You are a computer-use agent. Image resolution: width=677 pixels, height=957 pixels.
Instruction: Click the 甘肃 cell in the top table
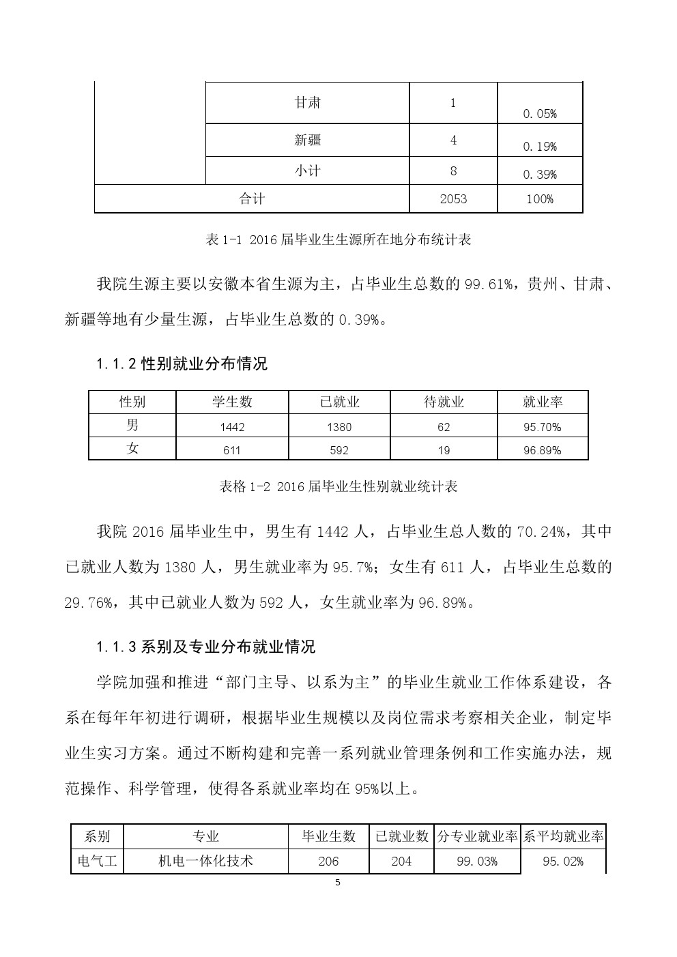click(x=307, y=103)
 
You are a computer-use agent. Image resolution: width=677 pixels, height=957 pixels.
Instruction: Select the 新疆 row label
click(x=307, y=141)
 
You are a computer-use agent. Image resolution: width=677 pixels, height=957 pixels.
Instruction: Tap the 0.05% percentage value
click(x=540, y=114)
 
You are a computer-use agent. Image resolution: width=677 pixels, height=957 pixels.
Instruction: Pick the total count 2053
click(x=453, y=198)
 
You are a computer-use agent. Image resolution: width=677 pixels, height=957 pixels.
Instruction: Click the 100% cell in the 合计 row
click(x=540, y=199)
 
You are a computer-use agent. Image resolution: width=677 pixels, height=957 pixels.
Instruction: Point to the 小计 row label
click(x=307, y=171)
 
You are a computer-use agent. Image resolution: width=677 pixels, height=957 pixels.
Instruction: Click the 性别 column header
click(x=132, y=402)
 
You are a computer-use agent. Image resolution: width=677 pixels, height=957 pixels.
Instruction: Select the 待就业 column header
click(x=444, y=402)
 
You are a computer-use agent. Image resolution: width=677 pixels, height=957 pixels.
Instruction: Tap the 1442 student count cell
click(x=232, y=427)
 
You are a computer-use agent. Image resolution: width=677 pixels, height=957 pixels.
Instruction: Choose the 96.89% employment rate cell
click(x=542, y=450)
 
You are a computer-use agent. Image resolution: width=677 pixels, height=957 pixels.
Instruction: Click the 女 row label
click(x=132, y=449)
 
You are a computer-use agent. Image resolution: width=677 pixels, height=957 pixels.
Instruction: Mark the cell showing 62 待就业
click(x=444, y=427)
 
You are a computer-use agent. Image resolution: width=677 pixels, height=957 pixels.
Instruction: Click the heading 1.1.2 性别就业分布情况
click(x=182, y=364)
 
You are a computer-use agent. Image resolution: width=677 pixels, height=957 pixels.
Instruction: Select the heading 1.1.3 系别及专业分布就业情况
click(x=206, y=646)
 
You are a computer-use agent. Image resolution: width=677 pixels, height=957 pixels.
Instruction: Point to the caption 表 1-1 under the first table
click(x=338, y=240)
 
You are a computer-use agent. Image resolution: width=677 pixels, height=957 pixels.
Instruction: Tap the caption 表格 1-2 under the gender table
click(x=338, y=486)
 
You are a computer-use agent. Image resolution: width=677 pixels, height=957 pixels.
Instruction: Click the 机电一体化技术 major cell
click(x=205, y=861)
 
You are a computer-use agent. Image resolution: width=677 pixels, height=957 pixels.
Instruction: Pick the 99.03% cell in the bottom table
click(x=476, y=862)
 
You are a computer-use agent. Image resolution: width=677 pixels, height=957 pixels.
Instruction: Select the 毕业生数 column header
click(x=329, y=836)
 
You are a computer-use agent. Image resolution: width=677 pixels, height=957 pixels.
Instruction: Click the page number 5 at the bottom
click(x=338, y=882)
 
